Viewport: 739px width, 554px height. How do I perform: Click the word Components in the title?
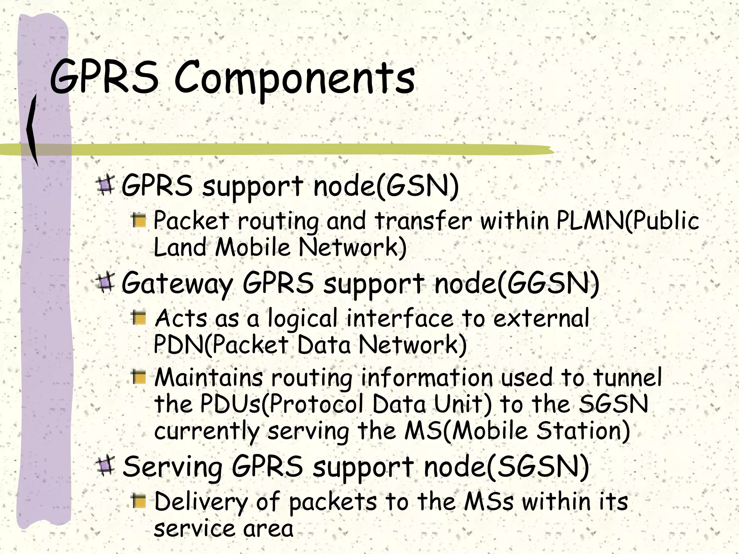point(294,79)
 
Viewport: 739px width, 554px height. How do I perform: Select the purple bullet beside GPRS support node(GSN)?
point(105,185)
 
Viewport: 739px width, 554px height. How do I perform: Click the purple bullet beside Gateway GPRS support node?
point(105,282)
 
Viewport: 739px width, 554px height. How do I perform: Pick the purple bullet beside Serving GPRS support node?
point(105,466)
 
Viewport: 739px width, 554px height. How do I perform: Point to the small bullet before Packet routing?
point(139,220)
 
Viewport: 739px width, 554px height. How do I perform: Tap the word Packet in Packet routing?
point(191,220)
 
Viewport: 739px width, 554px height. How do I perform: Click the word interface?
point(399,318)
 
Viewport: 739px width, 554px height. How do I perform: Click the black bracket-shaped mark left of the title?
point(33,130)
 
